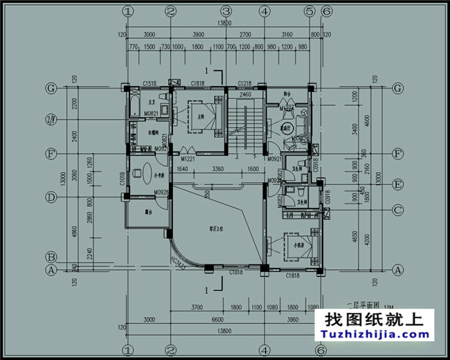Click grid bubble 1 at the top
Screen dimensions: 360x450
pyautogui.click(x=127, y=10)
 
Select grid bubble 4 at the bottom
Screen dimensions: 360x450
pyautogui.click(x=264, y=350)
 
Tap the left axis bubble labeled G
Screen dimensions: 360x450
pyautogui.click(x=51, y=88)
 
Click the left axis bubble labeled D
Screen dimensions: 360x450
pyautogui.click(x=51, y=197)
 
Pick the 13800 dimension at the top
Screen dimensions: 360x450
pyautogui.click(x=224, y=23)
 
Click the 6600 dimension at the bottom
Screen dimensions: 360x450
pyautogui.click(x=216, y=320)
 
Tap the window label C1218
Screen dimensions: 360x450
pyautogui.click(x=244, y=84)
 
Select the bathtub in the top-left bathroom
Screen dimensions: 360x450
pyautogui.click(x=133, y=109)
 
